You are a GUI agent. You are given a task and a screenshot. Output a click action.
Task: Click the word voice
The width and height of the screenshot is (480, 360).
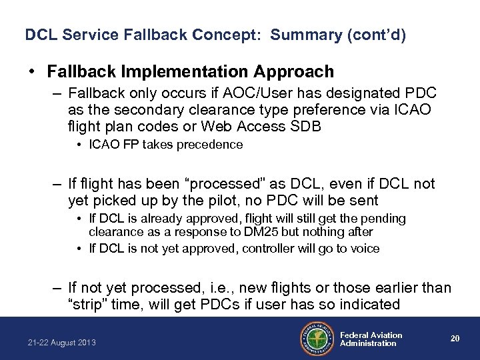point(365,248)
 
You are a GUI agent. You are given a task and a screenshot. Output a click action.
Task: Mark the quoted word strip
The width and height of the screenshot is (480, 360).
point(87,304)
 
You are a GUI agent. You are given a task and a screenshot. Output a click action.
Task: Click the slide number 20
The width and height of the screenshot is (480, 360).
point(455,339)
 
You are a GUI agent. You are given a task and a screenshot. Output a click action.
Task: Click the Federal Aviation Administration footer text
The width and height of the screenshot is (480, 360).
point(371,339)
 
